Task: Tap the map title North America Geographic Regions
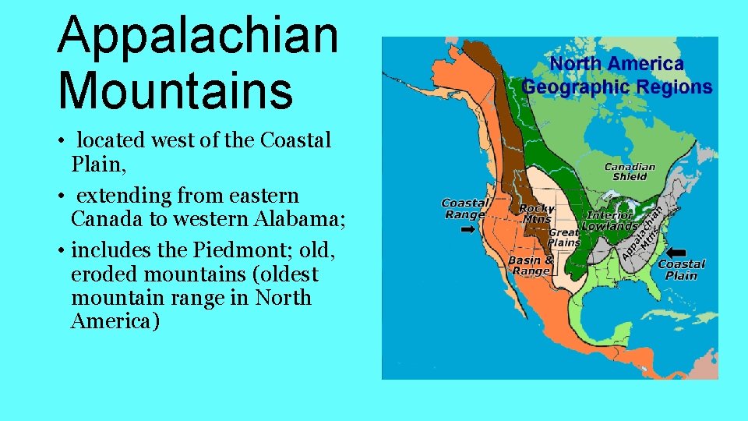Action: [x=617, y=75]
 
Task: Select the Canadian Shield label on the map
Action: [x=630, y=172]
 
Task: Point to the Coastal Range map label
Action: [x=464, y=209]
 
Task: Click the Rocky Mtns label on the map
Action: [x=536, y=214]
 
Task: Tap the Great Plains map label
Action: [x=564, y=237]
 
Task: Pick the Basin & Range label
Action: [x=531, y=265]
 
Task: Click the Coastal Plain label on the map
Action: [x=682, y=270]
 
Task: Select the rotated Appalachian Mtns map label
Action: [x=644, y=233]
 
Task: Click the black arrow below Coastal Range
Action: [x=468, y=230]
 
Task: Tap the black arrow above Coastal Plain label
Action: [x=676, y=253]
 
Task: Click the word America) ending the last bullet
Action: [x=114, y=321]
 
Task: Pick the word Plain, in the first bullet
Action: [x=97, y=165]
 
